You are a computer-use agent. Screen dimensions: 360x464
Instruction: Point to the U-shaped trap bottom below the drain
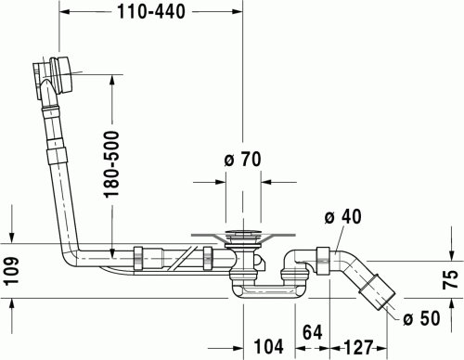click(x=269, y=291)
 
